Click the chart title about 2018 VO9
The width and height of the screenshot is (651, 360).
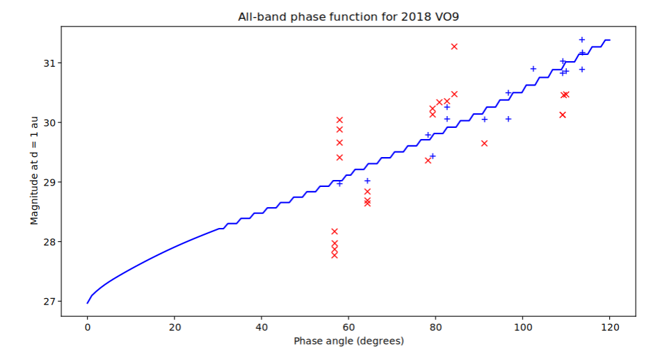[348, 16]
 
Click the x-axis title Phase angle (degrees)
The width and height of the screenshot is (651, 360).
[348, 341]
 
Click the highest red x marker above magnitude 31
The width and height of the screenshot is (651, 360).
[454, 47]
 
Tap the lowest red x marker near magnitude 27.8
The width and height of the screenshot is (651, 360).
[335, 255]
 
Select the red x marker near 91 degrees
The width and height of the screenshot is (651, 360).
[484, 143]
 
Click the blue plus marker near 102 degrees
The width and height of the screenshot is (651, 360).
[533, 69]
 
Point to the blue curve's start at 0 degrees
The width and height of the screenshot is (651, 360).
[88, 302]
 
